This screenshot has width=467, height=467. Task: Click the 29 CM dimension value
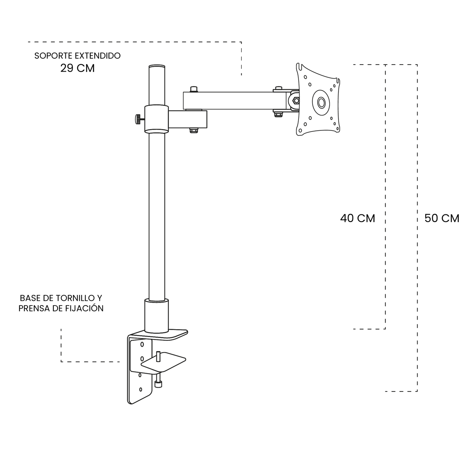click(x=77, y=68)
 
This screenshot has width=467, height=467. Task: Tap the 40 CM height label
click(x=357, y=218)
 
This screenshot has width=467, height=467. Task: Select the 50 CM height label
click(x=442, y=218)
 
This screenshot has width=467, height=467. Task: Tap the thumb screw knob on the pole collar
click(x=138, y=119)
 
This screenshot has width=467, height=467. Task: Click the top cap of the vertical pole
click(x=157, y=67)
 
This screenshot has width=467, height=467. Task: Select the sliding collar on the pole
click(x=157, y=119)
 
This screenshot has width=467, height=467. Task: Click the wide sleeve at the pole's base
click(x=157, y=315)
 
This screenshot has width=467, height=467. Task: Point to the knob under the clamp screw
click(x=158, y=384)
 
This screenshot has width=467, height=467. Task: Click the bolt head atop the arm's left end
click(x=194, y=89)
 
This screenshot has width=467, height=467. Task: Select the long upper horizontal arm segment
click(x=233, y=100)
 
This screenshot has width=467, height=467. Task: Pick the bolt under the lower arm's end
click(x=193, y=131)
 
